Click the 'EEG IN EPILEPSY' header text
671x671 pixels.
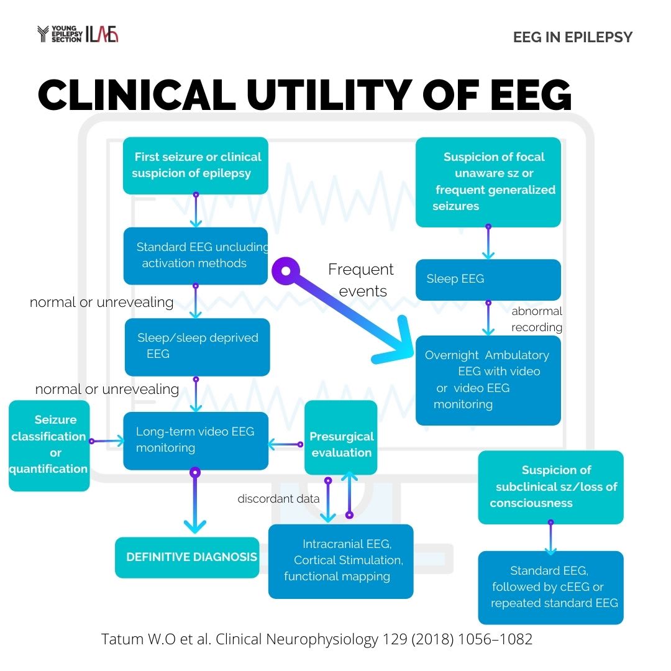(x=572, y=37)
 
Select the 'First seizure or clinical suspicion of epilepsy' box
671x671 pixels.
(x=196, y=165)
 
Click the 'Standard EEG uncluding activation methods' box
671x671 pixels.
(x=196, y=255)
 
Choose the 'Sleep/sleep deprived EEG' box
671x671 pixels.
(x=197, y=347)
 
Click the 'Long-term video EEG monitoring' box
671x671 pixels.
(x=196, y=440)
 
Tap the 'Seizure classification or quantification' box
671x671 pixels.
(x=49, y=445)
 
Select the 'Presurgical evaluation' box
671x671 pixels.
(x=341, y=444)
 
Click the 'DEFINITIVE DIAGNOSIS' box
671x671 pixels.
(x=188, y=557)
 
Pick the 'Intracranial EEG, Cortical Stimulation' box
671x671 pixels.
(x=340, y=561)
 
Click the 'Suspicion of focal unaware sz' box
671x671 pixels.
(x=488, y=181)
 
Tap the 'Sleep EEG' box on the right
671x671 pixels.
(x=488, y=280)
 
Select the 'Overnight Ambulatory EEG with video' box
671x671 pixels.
(x=488, y=380)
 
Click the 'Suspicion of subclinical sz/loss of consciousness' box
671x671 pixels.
(x=550, y=487)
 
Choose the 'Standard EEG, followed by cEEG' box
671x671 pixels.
(x=550, y=587)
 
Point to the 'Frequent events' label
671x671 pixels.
(x=361, y=280)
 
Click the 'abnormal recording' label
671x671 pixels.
(x=537, y=319)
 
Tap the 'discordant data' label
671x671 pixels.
(x=278, y=498)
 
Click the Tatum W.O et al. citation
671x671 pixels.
(x=317, y=639)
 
